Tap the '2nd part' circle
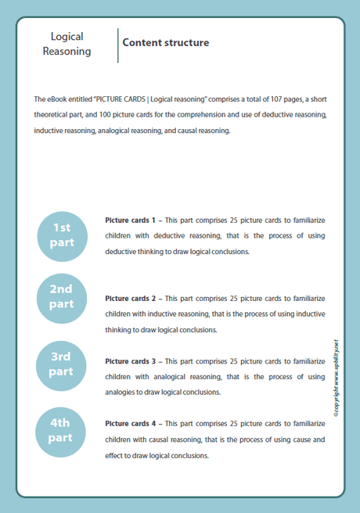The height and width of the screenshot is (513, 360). [x=62, y=296]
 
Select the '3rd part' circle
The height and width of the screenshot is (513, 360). [x=62, y=364]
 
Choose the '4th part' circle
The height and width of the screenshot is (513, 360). [x=62, y=430]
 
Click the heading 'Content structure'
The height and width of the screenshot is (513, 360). [x=166, y=42]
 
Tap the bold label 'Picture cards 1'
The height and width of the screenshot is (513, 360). [x=131, y=221]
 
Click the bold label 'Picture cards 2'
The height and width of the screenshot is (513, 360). [x=131, y=299]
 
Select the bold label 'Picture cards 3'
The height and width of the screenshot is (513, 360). [x=131, y=361]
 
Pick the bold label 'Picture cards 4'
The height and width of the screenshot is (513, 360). [x=131, y=423]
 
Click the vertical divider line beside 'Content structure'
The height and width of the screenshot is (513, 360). [x=117, y=45]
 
